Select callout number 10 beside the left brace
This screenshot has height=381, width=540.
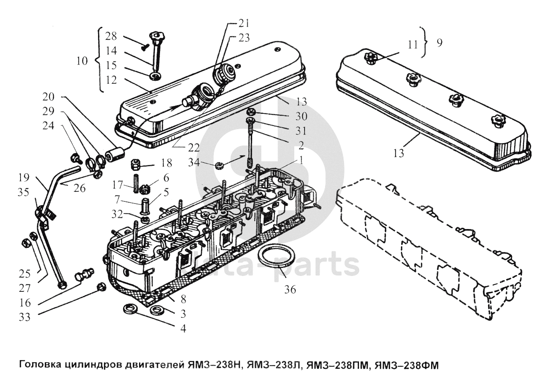(x=82, y=61)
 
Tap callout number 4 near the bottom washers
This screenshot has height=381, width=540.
(x=183, y=329)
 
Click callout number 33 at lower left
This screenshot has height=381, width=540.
(x=25, y=317)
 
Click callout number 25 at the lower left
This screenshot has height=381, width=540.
(x=25, y=274)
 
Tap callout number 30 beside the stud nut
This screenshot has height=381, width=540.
(x=302, y=116)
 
